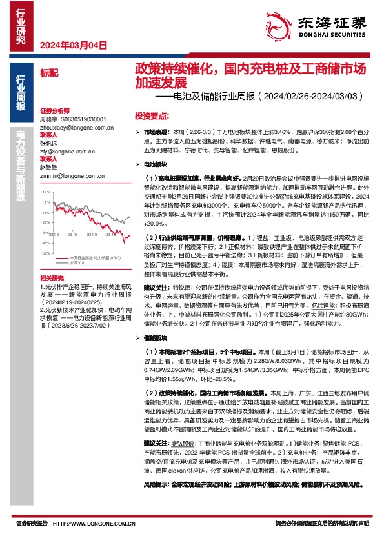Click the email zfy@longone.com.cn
pos(66,151)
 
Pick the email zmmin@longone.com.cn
pos(68,174)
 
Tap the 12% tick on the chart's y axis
pos(46,192)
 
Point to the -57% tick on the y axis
pos(45,236)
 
